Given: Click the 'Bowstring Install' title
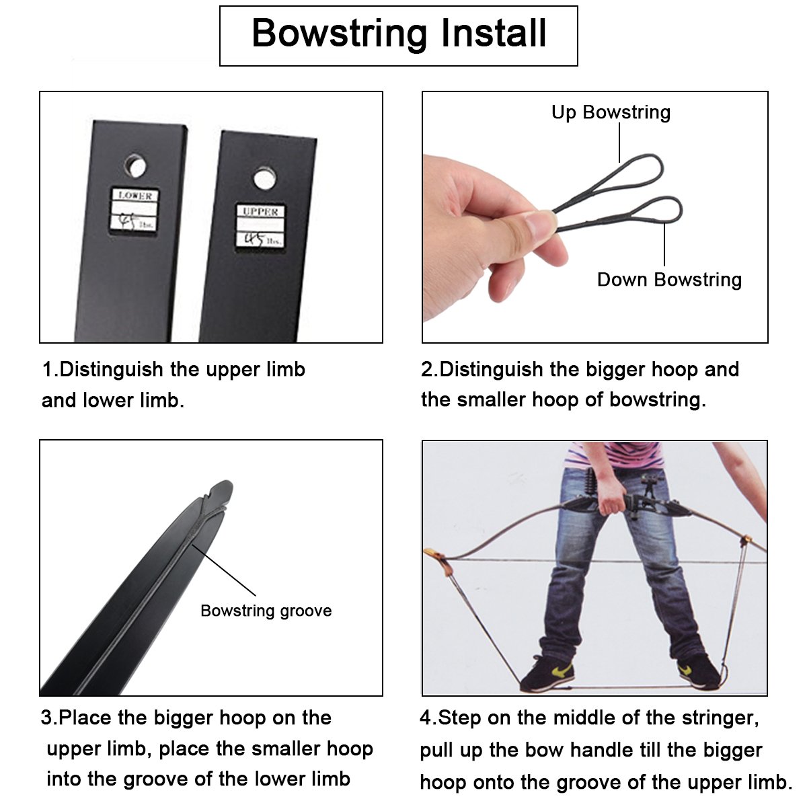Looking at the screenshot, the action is [399, 34].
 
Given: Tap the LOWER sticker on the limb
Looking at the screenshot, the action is [135, 210].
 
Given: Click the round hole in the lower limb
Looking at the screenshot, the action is [136, 166].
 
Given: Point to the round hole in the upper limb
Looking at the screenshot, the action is [265, 178].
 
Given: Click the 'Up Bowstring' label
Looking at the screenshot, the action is [611, 113].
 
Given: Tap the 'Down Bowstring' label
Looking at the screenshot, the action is [669, 279].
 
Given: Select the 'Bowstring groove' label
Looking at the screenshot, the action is [266, 610].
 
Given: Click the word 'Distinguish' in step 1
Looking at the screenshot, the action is [112, 369].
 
